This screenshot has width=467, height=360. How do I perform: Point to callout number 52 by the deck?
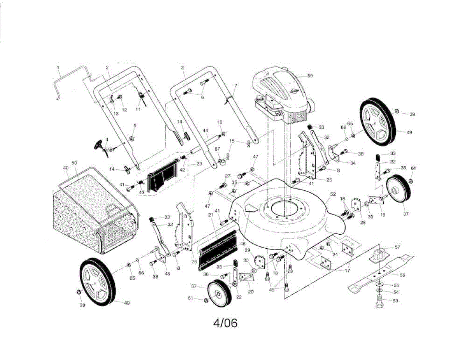[333, 194]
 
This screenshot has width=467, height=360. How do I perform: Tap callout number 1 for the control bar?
[58, 67]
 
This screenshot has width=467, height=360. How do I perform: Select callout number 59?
[310, 76]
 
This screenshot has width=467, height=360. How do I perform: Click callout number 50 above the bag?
[74, 162]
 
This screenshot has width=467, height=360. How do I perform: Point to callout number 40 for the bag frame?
[65, 168]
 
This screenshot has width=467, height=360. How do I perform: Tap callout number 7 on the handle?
[235, 85]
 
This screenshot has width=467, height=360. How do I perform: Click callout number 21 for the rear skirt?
[211, 215]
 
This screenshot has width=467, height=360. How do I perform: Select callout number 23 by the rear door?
[199, 164]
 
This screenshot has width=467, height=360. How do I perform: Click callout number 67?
[218, 149]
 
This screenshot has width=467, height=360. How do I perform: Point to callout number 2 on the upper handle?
[107, 67]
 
